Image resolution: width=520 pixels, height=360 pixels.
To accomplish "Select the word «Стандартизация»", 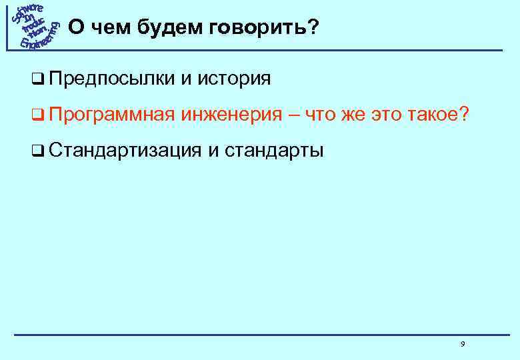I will [x=125, y=151].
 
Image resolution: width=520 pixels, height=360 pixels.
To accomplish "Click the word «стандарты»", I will [x=274, y=151].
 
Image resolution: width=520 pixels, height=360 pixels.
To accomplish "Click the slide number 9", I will [x=462, y=344].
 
